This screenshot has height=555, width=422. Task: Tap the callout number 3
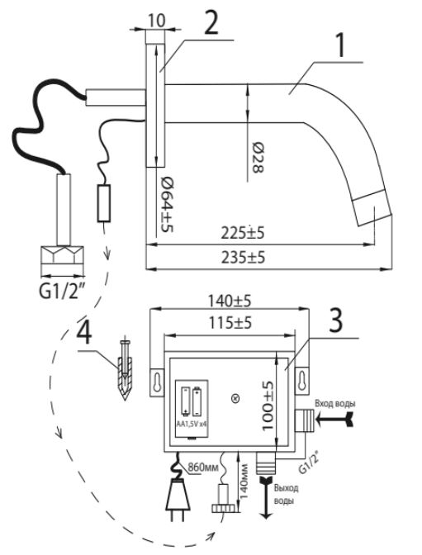[x=336, y=320]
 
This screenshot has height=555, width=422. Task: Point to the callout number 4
[x=84, y=334]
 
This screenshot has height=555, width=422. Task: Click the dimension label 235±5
[x=244, y=258]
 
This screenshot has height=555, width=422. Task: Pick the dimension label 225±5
[x=243, y=233]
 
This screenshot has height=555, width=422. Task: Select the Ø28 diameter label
[x=258, y=158]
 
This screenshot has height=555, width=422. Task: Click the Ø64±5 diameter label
[x=167, y=204]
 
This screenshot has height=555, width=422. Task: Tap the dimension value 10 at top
[x=156, y=21]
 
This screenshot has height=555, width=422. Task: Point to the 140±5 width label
[x=229, y=301]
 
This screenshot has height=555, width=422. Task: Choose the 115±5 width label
[x=230, y=322]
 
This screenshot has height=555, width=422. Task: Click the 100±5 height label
[x=268, y=406]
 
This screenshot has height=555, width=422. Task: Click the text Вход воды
[x=335, y=404]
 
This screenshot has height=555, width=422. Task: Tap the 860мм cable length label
[x=203, y=467]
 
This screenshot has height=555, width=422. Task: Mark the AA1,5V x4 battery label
[x=192, y=424]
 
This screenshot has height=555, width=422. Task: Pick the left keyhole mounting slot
[x=158, y=382]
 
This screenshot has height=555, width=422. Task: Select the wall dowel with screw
[x=125, y=370]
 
